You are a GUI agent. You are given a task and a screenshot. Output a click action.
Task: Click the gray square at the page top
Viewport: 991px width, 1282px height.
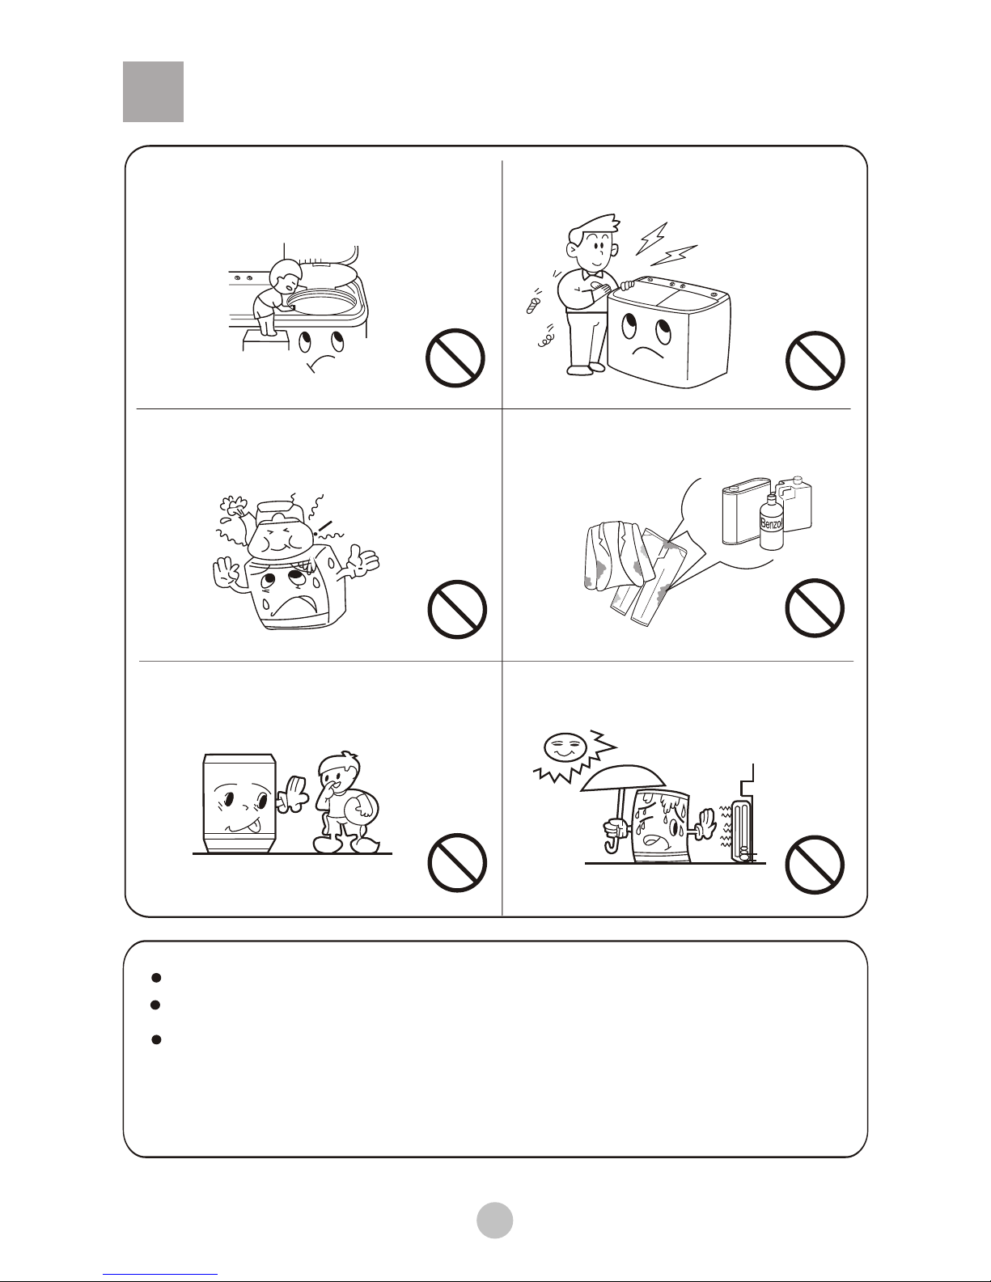(153, 91)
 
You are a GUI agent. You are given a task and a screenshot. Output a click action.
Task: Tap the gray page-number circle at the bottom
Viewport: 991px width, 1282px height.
(495, 1220)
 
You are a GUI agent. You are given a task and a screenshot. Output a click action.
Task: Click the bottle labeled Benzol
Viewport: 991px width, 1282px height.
(770, 523)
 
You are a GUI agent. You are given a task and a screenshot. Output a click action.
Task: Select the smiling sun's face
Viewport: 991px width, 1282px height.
(565, 748)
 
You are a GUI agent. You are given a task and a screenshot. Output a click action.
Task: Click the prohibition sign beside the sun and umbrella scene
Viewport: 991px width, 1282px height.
(815, 865)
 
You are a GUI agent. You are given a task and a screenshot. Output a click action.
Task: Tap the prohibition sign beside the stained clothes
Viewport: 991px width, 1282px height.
(815, 607)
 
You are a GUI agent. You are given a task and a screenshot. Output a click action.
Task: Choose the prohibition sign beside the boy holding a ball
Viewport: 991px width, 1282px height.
(457, 862)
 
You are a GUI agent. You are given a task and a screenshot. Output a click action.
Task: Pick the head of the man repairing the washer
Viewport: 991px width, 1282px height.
(594, 242)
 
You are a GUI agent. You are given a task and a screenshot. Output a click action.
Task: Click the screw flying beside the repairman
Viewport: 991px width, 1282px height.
(533, 304)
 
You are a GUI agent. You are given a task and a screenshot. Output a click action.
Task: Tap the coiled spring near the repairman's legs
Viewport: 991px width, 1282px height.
(545, 340)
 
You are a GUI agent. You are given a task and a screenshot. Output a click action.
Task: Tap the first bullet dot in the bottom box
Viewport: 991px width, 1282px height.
(156, 978)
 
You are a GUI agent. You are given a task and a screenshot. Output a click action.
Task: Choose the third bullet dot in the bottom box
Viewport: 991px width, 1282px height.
(156, 1039)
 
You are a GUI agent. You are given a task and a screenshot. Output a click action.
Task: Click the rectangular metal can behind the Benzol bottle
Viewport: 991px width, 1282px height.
(744, 510)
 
